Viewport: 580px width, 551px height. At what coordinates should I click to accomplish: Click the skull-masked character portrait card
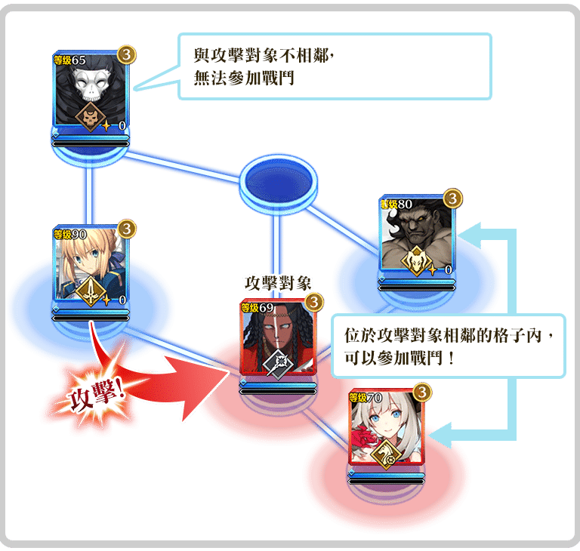pos(91,90)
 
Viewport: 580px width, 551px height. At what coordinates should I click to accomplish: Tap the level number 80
pos(405,204)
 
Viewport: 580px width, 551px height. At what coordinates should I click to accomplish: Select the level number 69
pos(265,307)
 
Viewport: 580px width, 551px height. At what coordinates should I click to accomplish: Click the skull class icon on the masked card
pos(91,117)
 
